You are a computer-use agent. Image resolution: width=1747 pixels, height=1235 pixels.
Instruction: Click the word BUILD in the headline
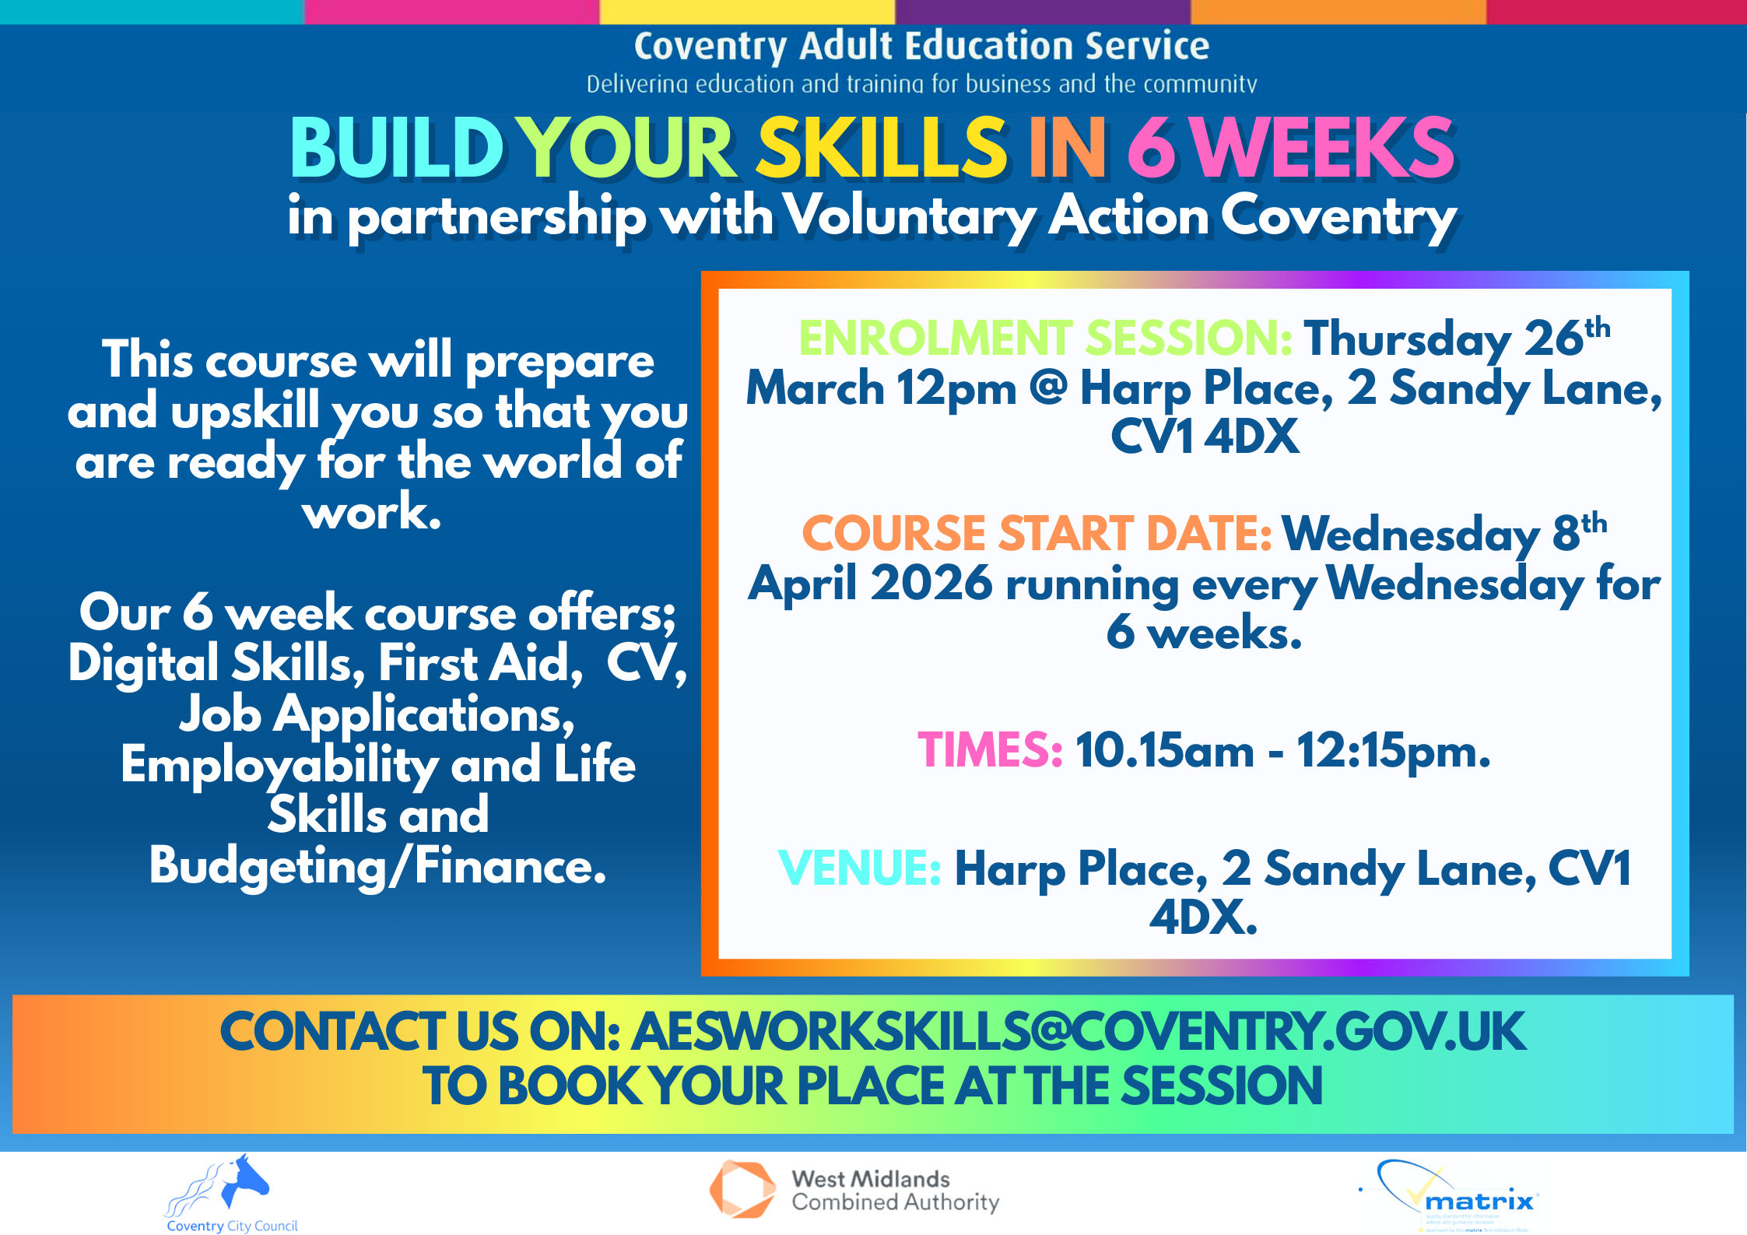(x=397, y=148)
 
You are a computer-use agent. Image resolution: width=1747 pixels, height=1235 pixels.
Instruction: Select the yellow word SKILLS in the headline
(x=882, y=148)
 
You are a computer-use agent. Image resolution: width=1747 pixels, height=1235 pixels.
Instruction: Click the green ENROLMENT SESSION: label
(x=1045, y=339)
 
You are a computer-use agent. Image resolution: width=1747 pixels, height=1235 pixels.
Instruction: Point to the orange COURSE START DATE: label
(x=1037, y=534)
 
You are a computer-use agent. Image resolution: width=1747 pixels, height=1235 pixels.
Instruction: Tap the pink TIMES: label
(x=990, y=750)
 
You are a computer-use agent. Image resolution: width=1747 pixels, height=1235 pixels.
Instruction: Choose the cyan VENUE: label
(x=859, y=868)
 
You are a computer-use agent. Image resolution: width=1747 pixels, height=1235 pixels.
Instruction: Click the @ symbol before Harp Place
(x=1048, y=388)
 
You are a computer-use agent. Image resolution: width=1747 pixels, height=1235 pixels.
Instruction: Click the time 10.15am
(x=1164, y=751)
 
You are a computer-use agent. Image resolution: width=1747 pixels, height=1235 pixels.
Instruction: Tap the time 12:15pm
(x=1393, y=751)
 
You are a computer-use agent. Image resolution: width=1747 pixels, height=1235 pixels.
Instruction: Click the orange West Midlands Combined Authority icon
(x=742, y=1189)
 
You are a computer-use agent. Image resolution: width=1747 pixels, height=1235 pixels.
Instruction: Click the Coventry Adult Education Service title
(x=921, y=46)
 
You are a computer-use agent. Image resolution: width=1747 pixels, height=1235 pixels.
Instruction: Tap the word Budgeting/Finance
(x=377, y=865)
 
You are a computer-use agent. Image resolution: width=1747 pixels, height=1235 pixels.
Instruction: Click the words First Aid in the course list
(x=480, y=663)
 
